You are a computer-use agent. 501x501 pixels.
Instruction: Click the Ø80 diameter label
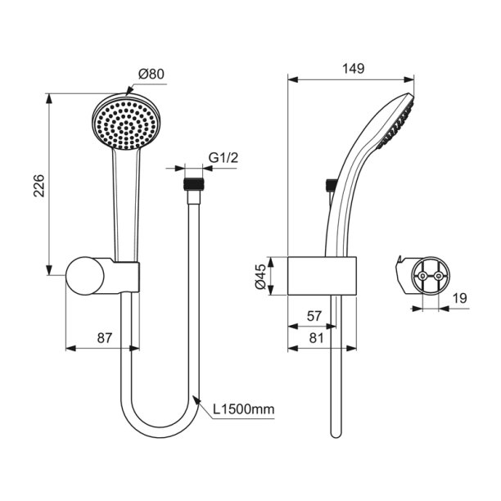(151, 74)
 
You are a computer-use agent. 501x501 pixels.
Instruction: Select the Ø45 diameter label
(261, 276)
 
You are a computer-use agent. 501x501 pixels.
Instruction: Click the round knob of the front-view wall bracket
(84, 276)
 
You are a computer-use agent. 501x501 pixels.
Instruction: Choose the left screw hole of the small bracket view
(422, 278)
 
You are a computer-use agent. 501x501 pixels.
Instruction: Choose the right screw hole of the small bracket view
(440, 278)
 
